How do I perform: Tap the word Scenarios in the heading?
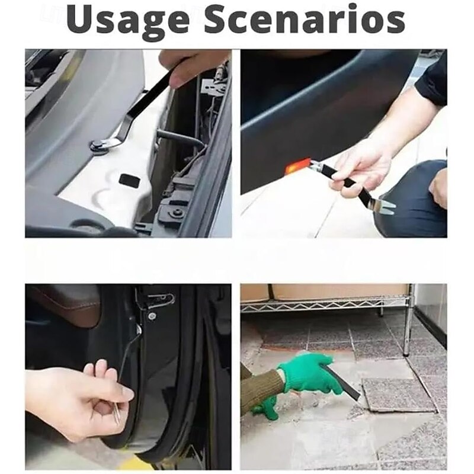coord(305,20)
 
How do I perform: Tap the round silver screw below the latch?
coord(152,316)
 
